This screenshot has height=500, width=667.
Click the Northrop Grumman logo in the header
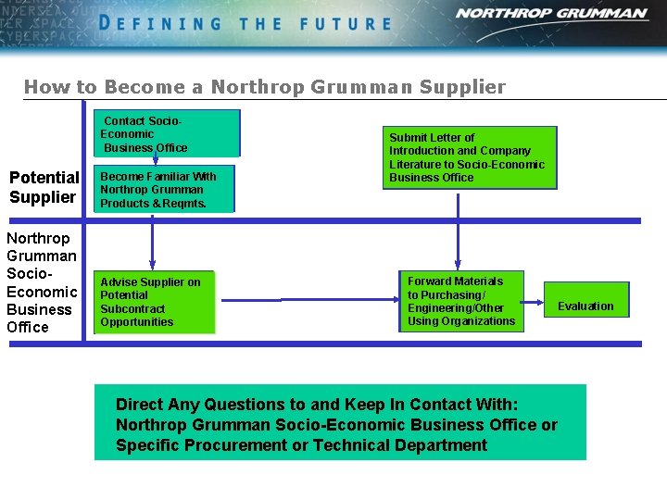(x=550, y=14)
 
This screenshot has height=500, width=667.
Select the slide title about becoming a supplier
(x=265, y=87)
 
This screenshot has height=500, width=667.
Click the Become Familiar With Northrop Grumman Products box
(x=164, y=190)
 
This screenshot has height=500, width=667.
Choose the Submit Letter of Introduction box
(x=470, y=157)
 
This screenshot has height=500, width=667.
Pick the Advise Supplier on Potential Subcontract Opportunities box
(x=154, y=302)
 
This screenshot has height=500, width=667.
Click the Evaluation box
(x=585, y=306)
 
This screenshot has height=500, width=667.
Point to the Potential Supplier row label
(x=44, y=187)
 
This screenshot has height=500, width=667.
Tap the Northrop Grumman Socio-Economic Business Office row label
(x=42, y=282)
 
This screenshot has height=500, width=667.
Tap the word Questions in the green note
(x=245, y=405)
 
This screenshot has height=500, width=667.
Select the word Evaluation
(x=585, y=306)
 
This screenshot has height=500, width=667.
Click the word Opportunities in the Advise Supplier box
(x=137, y=322)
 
